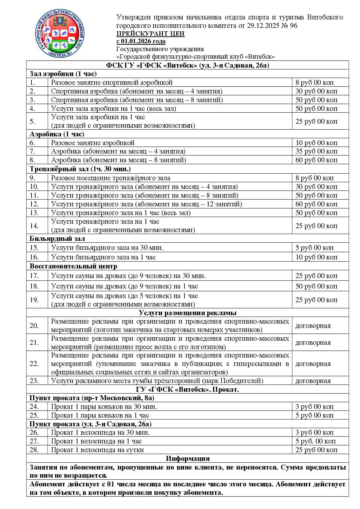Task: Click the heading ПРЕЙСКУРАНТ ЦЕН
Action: (x=150, y=33)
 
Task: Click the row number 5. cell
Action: (x=33, y=121)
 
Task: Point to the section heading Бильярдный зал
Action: (x=57, y=239)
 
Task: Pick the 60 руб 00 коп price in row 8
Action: (x=316, y=160)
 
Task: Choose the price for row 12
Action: (x=316, y=204)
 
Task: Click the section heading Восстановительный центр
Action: (x=73, y=266)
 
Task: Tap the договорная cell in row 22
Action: (x=313, y=364)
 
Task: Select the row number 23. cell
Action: (x=34, y=381)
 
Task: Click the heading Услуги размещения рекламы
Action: (x=188, y=313)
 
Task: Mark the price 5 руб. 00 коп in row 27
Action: (x=316, y=441)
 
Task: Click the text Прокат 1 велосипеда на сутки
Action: (x=98, y=450)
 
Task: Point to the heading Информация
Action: (x=188, y=459)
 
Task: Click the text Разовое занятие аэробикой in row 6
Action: (x=93, y=143)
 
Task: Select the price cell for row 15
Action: (x=314, y=248)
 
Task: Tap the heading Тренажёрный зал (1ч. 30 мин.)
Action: (x=80, y=169)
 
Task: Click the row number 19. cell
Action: (x=34, y=300)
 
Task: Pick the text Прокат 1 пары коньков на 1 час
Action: (x=100, y=415)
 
